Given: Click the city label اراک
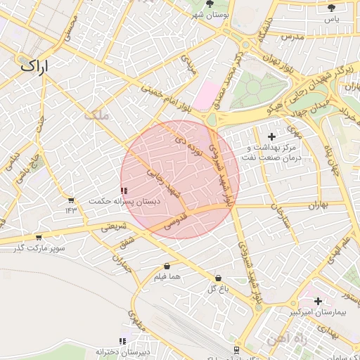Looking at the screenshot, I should coord(36,67).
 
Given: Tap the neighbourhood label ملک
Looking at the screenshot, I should coord(97,115).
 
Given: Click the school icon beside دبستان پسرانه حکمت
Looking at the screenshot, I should coord(124,191).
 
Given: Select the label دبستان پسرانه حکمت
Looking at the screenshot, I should coord(124,201).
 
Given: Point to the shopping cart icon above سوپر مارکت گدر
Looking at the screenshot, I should coord(39,238).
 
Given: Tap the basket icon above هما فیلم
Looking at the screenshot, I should coord(167,266).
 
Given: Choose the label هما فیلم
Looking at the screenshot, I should coord(167,277).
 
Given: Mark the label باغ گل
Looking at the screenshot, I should coord(214,289).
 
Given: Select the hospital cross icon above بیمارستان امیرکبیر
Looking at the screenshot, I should coord(318,301).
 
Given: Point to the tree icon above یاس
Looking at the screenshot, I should coord(331,8).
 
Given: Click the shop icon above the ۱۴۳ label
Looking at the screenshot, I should coord(71,201).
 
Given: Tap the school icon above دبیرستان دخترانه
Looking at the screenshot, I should coord(123,342).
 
